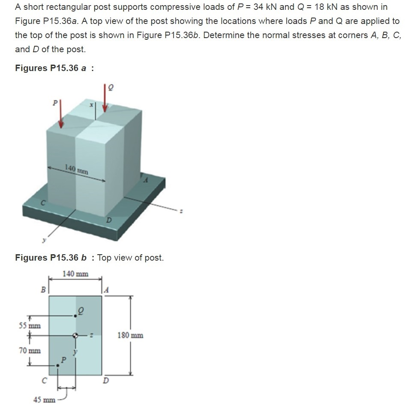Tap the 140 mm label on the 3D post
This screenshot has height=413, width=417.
pyautogui.click(x=77, y=169)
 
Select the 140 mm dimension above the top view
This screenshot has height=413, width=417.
pyautogui.click(x=75, y=273)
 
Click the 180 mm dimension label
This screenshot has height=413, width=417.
pyautogui.click(x=130, y=335)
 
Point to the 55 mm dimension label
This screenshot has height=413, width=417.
pyautogui.click(x=30, y=325)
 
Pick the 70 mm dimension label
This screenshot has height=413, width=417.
pyautogui.click(x=30, y=351)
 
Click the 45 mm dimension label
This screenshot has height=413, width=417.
pyautogui.click(x=45, y=400)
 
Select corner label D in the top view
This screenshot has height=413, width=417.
pyautogui.click(x=105, y=380)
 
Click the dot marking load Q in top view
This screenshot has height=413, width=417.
pyautogui.click(x=75, y=315)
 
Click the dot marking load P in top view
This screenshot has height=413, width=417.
pyautogui.click(x=58, y=365)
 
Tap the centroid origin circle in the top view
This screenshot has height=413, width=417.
pyautogui.click(x=76, y=336)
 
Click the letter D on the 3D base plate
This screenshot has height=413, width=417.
pyautogui.click(x=109, y=220)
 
